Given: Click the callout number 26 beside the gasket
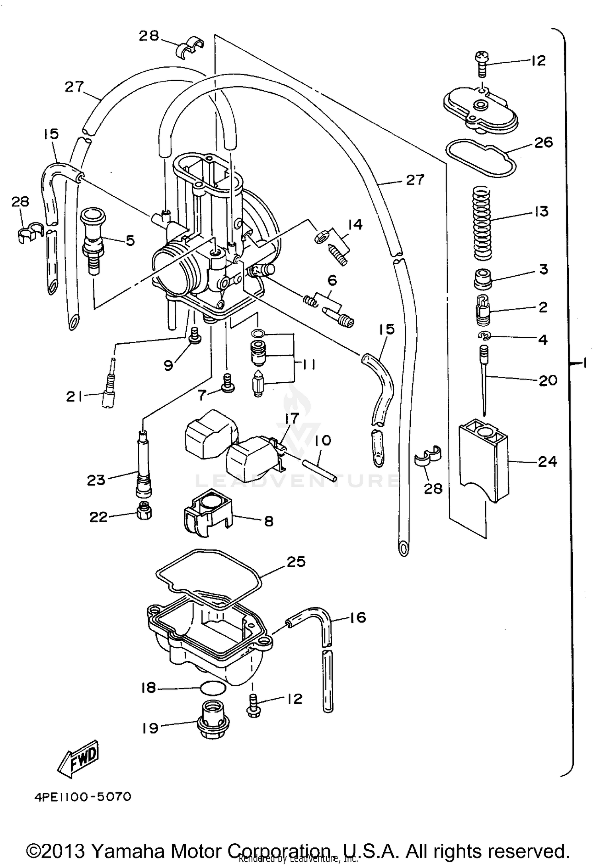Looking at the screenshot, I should pos(543,142).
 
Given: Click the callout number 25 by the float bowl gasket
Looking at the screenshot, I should pos(296,562).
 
